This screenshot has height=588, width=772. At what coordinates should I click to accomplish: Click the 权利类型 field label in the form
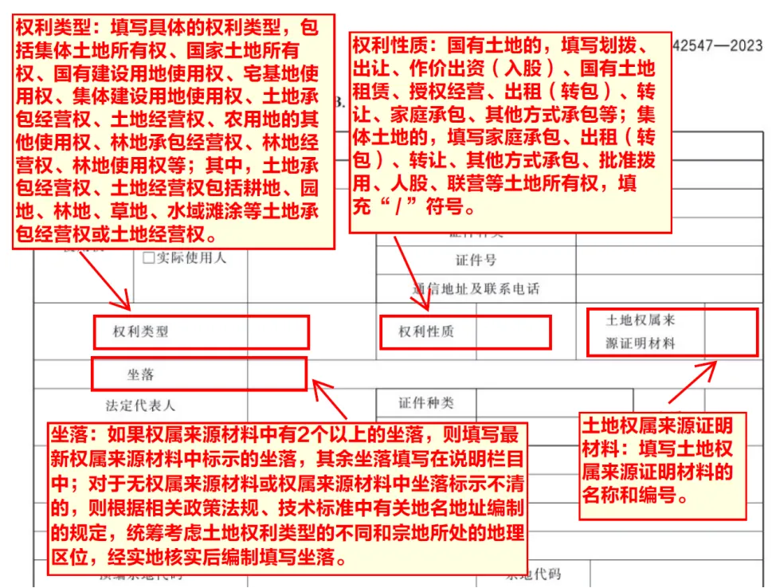pyautogui.click(x=140, y=332)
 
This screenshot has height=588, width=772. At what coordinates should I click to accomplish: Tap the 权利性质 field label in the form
pyautogui.click(x=426, y=331)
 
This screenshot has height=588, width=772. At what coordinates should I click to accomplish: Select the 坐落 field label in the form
pyautogui.click(x=140, y=374)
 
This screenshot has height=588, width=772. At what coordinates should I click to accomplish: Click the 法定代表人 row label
pyautogui.click(x=140, y=406)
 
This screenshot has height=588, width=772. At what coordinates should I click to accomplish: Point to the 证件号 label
pyautogui.click(x=476, y=261)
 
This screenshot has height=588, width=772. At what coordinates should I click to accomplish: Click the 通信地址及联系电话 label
pyautogui.click(x=476, y=288)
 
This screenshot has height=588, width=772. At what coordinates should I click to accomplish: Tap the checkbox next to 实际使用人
pyautogui.click(x=148, y=258)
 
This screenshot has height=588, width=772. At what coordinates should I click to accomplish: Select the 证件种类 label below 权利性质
pyautogui.click(x=426, y=403)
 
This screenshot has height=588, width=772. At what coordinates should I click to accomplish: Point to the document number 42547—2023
pyautogui.click(x=717, y=45)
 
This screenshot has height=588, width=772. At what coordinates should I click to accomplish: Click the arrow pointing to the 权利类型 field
pyautogui.click(x=104, y=280)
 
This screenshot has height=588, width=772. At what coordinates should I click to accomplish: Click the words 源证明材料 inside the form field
pyautogui.click(x=640, y=344)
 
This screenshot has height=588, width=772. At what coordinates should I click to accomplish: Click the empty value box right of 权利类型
pyautogui.click(x=277, y=332)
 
